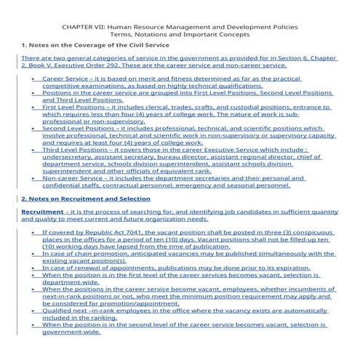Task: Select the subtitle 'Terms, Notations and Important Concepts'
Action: (179, 34)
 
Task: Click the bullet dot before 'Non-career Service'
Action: (33, 178)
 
